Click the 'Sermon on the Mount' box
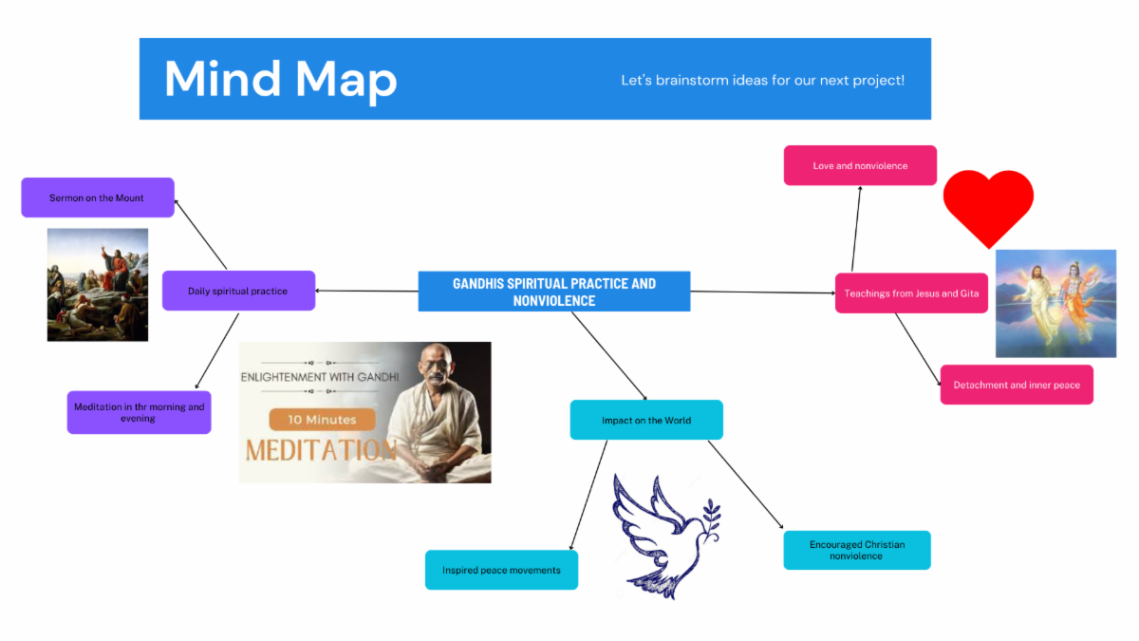pyautogui.click(x=98, y=198)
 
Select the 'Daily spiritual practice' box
pyautogui.click(x=238, y=291)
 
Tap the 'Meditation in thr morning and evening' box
pyautogui.click(x=139, y=412)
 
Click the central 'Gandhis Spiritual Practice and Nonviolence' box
pyautogui.click(x=553, y=292)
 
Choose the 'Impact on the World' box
pyautogui.click(x=645, y=420)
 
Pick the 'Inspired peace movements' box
pyautogui.click(x=501, y=570)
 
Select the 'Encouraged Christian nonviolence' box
pyautogui.click(x=856, y=550)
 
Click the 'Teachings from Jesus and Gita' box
pyautogui.click(x=910, y=293)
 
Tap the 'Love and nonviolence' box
pyautogui.click(x=860, y=165)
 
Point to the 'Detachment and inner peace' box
pyautogui.click(x=1016, y=385)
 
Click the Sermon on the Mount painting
pyautogui.click(x=98, y=284)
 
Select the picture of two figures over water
pyautogui.click(x=1055, y=303)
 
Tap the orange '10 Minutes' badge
pyautogui.click(x=322, y=419)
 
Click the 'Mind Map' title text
pyautogui.click(x=280, y=79)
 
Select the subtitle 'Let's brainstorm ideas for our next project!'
pyautogui.click(x=762, y=80)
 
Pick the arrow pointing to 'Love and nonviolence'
pyautogui.click(x=856, y=228)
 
